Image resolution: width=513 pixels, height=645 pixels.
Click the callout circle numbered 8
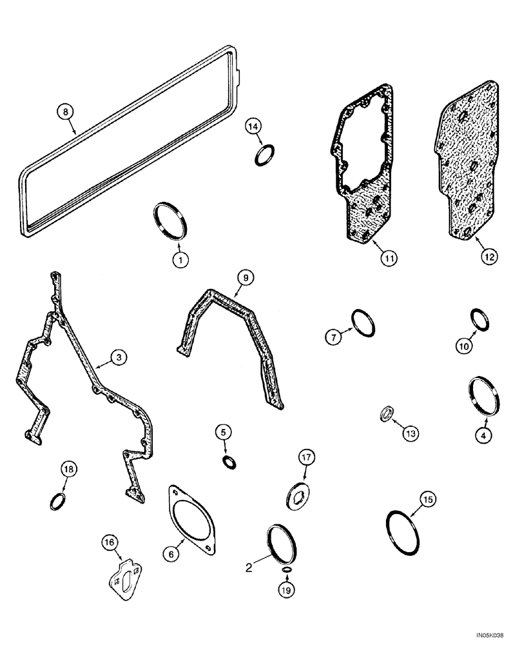64,112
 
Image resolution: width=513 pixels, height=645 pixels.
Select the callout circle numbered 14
254,126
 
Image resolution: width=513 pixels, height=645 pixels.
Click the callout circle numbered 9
245,279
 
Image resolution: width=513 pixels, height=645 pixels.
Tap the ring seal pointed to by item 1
171,221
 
